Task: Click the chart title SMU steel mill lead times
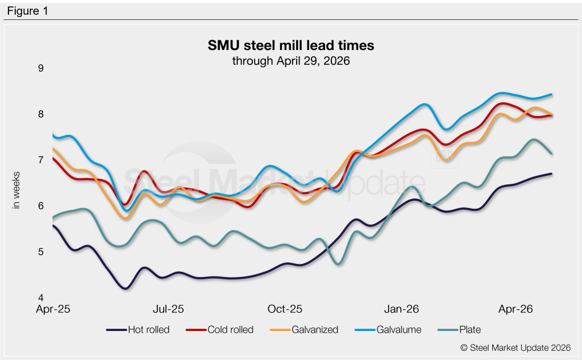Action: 290,45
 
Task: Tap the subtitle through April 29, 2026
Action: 290,60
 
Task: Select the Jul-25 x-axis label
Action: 169,310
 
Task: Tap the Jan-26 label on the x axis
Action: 401,310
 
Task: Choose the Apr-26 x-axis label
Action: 516,310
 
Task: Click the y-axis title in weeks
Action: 16,190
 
